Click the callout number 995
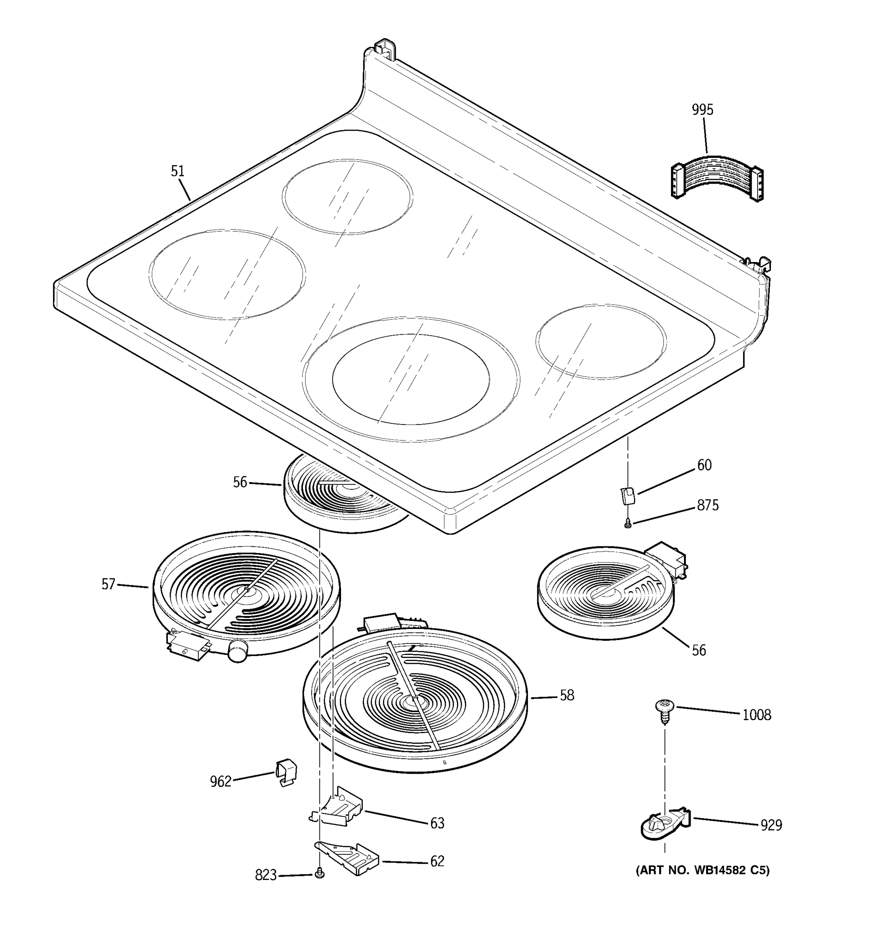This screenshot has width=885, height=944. (702, 110)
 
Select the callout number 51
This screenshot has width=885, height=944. (177, 171)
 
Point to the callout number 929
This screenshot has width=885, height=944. (771, 825)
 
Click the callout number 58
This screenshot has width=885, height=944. (567, 696)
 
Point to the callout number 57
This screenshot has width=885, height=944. (108, 584)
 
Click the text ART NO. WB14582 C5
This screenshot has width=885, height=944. (702, 870)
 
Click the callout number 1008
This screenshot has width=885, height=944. (757, 715)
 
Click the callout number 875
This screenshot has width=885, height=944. (708, 505)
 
